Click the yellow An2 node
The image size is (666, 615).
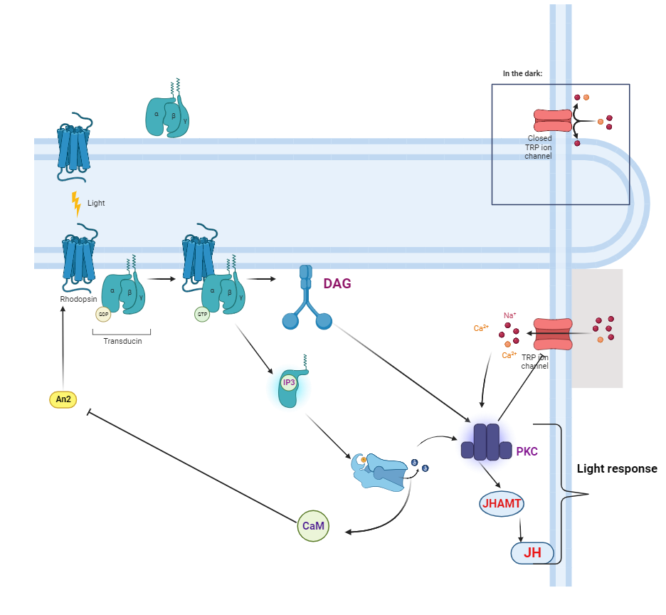coord(63,399)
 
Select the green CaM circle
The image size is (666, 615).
coord(313,526)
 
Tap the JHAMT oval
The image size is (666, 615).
coord(502,505)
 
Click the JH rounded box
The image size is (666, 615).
coord(532,553)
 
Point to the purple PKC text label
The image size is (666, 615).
coord(527,451)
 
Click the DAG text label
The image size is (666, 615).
coord(337,283)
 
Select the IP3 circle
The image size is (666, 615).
coord(289,383)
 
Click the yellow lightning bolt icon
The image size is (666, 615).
coord(76,204)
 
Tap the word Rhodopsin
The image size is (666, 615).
coord(78,300)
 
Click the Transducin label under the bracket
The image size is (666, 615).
coord(122,341)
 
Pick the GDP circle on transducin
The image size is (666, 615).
coord(104,315)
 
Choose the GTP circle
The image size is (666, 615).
coord(202,313)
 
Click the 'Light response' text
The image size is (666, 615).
coord(616,469)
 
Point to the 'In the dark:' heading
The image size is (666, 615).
coord(522,73)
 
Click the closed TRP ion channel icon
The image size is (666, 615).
coord(553,120)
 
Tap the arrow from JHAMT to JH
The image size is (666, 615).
coord(521,528)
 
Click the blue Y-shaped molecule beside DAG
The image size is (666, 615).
coord(307,299)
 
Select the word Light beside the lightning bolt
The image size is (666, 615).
coord(96,203)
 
